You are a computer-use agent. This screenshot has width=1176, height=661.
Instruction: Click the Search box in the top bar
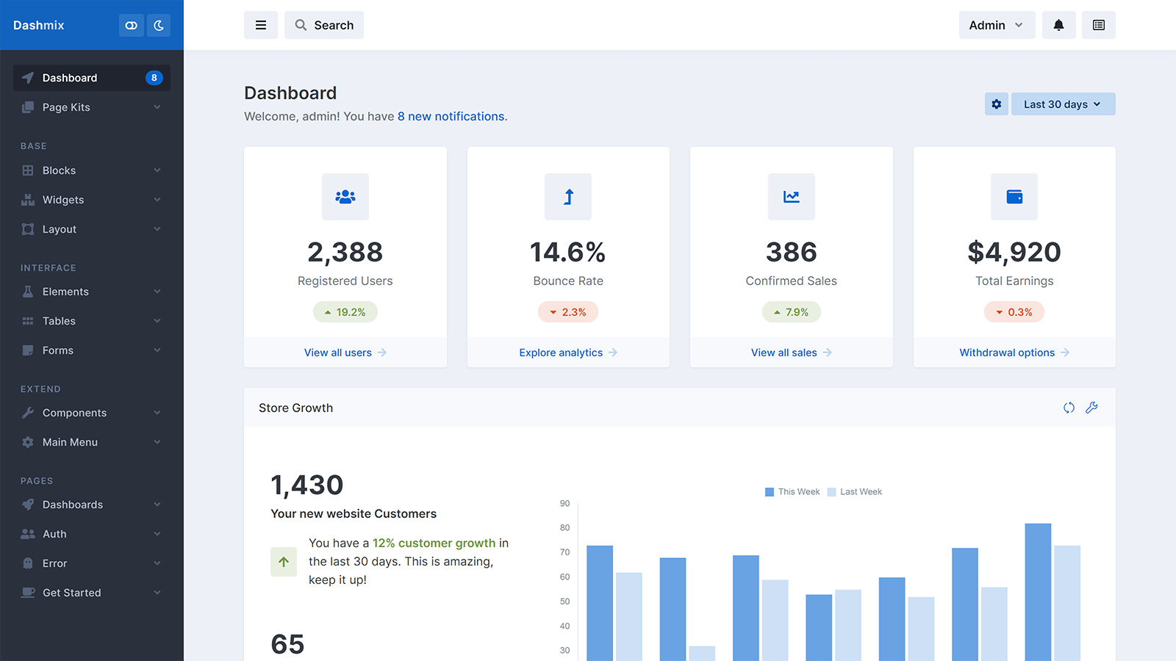click(x=324, y=25)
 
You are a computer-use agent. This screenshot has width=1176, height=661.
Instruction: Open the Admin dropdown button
click(x=996, y=25)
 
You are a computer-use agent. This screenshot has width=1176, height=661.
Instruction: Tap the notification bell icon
click(x=1058, y=25)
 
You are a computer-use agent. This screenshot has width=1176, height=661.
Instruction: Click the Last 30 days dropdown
click(x=1063, y=104)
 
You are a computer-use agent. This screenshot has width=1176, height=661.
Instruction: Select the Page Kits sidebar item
click(x=66, y=107)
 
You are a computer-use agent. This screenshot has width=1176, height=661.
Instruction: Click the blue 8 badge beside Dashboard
click(x=154, y=78)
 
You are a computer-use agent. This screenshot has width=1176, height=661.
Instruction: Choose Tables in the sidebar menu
click(x=59, y=321)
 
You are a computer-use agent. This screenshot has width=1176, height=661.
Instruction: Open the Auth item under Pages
click(x=54, y=534)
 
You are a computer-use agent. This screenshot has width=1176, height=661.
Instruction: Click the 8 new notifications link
click(x=451, y=116)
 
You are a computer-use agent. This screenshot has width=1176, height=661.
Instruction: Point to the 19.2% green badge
click(x=345, y=312)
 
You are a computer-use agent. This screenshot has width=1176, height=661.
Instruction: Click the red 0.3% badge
click(x=1014, y=312)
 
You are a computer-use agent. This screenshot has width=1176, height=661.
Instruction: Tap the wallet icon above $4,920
click(x=1014, y=197)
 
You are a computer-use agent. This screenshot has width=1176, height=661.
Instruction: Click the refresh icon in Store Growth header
click(x=1069, y=408)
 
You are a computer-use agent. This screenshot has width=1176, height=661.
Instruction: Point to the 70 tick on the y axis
click(x=564, y=552)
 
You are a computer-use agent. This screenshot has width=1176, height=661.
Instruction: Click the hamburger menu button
click(x=261, y=25)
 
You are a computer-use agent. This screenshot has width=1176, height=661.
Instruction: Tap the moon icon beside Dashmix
click(x=159, y=25)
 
